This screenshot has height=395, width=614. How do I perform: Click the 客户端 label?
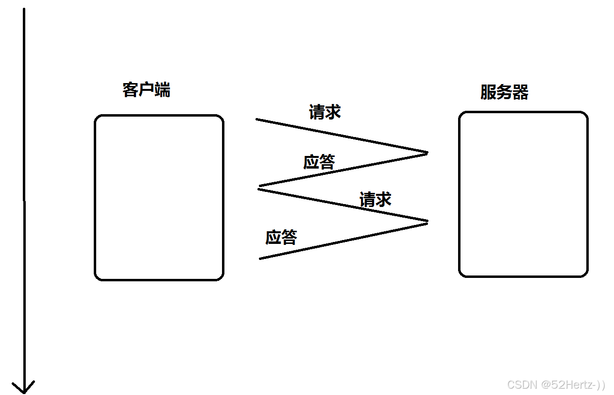coord(146,90)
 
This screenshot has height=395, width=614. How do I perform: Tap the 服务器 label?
coord(504,92)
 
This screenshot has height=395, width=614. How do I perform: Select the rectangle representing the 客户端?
coord(159,198)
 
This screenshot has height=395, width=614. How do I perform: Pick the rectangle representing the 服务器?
coord(523,194)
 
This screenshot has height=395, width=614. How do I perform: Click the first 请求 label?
coord(324,112)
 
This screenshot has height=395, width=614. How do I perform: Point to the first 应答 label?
coord(319,162)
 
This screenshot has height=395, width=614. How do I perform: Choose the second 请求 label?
coord(375,199)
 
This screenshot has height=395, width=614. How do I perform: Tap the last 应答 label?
coord(281,237)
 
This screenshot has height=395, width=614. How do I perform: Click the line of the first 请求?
coord(340,136)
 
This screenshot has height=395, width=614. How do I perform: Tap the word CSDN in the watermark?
coord(522,385)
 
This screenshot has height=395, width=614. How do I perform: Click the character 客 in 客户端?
coord(130,90)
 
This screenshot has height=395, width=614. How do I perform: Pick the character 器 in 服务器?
coord(520,92)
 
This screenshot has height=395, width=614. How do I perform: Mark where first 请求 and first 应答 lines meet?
coord(427,153)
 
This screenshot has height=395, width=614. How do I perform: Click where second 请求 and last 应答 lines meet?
coord(427,222)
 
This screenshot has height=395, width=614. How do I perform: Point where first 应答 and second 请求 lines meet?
coord(259,187)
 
